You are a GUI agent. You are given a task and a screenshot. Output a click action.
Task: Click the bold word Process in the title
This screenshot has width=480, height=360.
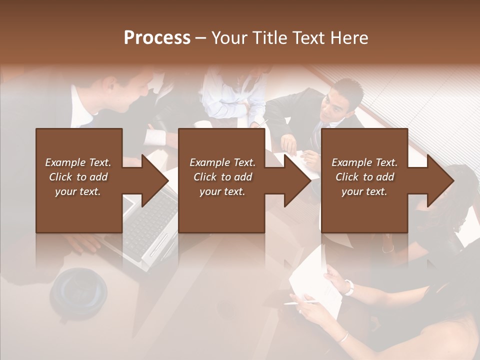[x=157, y=38]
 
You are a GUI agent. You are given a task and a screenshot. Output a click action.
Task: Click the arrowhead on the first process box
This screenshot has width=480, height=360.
[x=155, y=180]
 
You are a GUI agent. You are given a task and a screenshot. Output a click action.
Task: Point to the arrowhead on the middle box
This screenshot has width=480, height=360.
[x=297, y=180]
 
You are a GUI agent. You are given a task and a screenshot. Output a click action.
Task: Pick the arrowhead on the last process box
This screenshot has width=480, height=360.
[x=440, y=180]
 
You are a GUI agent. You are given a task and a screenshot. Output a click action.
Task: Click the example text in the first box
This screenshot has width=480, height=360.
[x=78, y=176]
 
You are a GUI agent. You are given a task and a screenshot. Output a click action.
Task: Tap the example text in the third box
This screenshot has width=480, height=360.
[x=364, y=176]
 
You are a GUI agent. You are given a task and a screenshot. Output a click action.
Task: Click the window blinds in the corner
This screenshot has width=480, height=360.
[x=440, y=100]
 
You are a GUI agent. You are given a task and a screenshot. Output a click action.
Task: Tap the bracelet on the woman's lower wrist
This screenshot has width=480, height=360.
[x=342, y=337]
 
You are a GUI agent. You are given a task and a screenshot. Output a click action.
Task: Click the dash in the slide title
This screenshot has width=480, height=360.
[x=201, y=38]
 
